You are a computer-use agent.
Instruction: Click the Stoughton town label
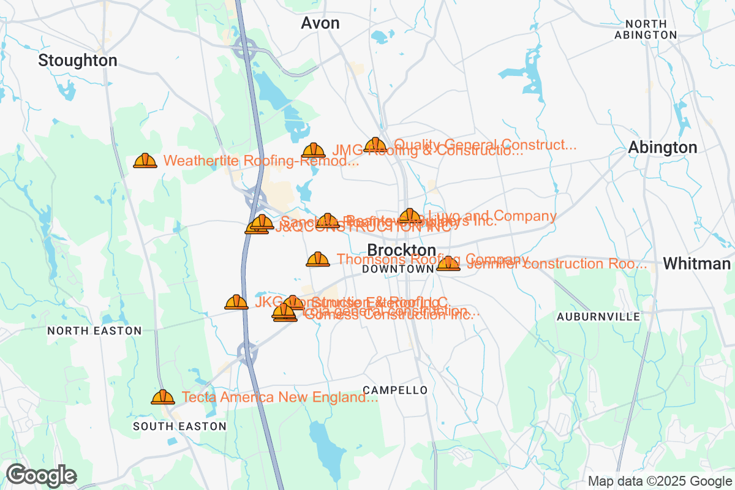click(x=77, y=61)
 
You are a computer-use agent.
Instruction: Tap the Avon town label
click(x=320, y=23)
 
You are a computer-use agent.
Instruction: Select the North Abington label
click(x=646, y=29)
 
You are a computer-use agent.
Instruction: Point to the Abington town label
click(x=662, y=148)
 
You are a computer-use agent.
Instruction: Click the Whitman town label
click(x=696, y=264)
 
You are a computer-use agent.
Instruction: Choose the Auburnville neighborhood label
click(x=598, y=317)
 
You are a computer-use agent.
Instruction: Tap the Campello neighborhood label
click(x=395, y=390)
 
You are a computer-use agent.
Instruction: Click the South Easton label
click(x=179, y=426)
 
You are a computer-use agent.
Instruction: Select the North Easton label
click(x=94, y=331)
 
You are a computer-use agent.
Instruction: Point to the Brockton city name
click(x=402, y=251)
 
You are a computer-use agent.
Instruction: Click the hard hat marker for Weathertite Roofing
click(x=145, y=161)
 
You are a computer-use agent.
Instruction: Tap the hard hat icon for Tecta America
click(x=163, y=398)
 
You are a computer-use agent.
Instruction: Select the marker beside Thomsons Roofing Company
click(x=317, y=260)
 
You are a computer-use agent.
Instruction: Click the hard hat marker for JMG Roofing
click(x=314, y=151)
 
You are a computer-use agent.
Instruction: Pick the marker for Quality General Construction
click(x=375, y=146)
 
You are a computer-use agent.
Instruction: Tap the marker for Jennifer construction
click(x=448, y=264)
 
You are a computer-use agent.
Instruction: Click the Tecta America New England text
click(x=280, y=398)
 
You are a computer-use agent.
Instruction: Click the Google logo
click(x=42, y=475)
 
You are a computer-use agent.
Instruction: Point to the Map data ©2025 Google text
click(x=660, y=481)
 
